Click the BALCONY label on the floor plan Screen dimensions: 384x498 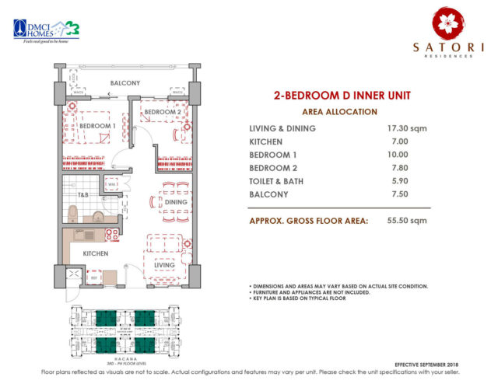pyautogui.click(x=124, y=82)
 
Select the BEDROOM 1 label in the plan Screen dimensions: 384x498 pyautogui.click(x=98, y=125)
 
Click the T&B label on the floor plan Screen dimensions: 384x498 pyautogui.click(x=82, y=194)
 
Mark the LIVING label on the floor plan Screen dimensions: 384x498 pyautogui.click(x=165, y=265)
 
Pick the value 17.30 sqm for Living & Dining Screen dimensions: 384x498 pyautogui.click(x=406, y=128)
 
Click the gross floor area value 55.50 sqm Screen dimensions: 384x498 pyautogui.click(x=407, y=221)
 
